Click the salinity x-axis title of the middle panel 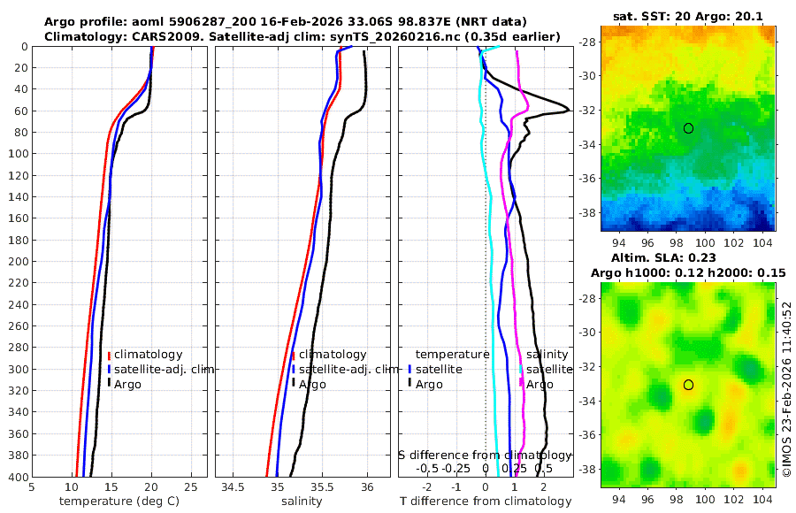(302, 502)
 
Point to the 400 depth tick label (17, 477)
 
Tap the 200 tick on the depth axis (17, 262)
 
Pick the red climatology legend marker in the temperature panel (109, 355)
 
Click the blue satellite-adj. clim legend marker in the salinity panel (293, 369)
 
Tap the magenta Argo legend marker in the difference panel (521, 383)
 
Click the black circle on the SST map (688, 128)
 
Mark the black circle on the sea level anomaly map (688, 385)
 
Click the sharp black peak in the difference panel (566, 112)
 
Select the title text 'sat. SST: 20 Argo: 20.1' (687, 15)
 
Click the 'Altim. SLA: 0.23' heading (687, 256)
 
